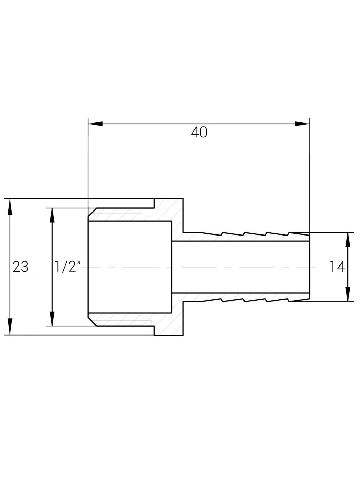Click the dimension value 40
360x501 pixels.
pyautogui.click(x=199, y=133)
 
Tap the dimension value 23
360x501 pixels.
pyautogui.click(x=21, y=267)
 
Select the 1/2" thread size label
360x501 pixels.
pyautogui.click(x=68, y=267)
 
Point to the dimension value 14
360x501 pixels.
pyautogui.click(x=337, y=267)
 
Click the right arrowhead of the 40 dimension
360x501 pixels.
pyautogui.click(x=302, y=124)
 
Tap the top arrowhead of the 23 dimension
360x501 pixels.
pyautogui.click(x=10, y=206)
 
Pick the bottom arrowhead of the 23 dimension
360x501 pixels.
pyautogui.click(x=10, y=327)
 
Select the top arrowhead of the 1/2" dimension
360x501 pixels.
pyautogui.click(x=52, y=215)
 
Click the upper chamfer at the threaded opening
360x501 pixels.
pyautogui.click(x=92, y=212)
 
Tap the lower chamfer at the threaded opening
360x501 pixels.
pyautogui.click(x=92, y=321)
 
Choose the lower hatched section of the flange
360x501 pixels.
pyautogui.click(x=170, y=324)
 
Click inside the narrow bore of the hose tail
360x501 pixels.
pyautogui.click(x=240, y=267)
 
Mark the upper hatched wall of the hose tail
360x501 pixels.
pyautogui.click(x=243, y=237)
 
